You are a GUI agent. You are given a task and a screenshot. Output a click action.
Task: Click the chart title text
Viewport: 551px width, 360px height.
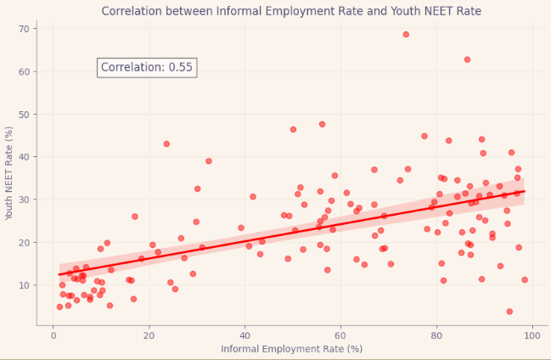(x=291, y=11)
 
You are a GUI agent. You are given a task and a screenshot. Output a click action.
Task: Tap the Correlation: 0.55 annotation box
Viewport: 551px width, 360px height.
(x=147, y=68)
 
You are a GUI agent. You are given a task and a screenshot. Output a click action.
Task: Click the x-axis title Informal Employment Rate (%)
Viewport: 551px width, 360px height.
(x=291, y=349)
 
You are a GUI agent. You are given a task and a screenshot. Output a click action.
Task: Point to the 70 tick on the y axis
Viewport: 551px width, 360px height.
(x=25, y=29)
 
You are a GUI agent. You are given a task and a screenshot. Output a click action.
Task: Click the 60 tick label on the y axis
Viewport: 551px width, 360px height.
(x=25, y=71)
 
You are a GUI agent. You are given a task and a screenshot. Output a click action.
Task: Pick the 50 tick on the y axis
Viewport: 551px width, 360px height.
(x=25, y=114)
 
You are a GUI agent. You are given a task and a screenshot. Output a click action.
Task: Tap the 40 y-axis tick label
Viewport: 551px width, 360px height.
(x=25, y=157)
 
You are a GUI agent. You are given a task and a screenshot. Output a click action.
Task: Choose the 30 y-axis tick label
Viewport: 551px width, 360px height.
(x=25, y=200)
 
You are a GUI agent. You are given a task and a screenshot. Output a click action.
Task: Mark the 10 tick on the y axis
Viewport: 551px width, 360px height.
(x=25, y=284)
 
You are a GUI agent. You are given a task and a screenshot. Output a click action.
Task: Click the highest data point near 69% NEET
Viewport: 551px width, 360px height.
(x=406, y=35)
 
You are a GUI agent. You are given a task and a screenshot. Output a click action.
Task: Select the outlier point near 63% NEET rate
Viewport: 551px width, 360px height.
(x=467, y=59)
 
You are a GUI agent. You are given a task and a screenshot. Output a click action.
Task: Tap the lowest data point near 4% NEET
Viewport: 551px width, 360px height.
(x=509, y=312)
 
